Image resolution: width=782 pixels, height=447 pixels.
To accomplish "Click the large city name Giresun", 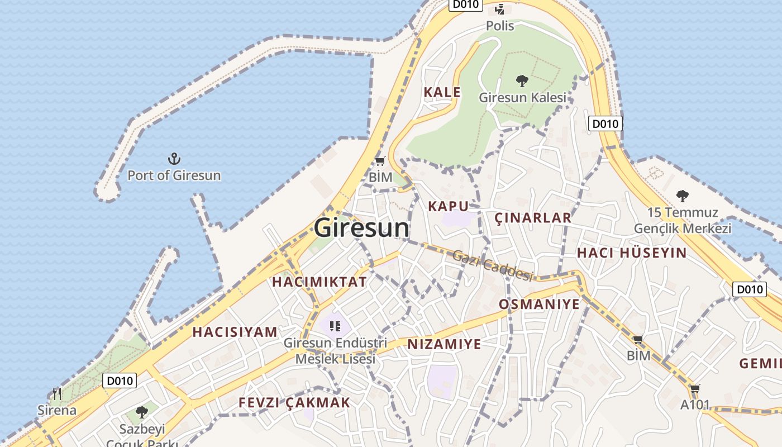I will coord(361,228).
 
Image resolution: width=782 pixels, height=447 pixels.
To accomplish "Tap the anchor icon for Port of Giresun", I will coord(174,159).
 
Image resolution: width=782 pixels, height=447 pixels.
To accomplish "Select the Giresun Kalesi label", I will coord(522,98).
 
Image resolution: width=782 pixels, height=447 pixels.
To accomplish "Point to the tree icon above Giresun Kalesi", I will coord(522,82).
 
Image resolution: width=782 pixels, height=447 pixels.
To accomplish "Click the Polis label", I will coord(500,26).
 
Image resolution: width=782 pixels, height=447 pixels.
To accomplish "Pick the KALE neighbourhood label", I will coord(442,92).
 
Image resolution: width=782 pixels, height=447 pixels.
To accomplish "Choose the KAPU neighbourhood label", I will coord(448,206).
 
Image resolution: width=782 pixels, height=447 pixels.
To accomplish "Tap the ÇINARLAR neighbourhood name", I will coord(533,218).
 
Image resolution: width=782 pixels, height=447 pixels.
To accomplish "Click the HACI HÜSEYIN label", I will coord(632,253).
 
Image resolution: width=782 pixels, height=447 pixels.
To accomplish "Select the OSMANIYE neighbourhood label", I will coord(539,304).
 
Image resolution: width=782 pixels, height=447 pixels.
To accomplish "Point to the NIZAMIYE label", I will coord(444,344).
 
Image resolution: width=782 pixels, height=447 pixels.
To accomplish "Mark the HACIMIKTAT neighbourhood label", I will coord(320,282).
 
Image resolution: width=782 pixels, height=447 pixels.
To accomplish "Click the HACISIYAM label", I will coord(235,332).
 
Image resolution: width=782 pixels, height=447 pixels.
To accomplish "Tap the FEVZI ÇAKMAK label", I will coord(294,402).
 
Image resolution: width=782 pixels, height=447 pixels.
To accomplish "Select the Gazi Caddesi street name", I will coord(493,265).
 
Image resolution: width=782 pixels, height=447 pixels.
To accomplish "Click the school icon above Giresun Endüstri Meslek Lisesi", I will coord(335,326).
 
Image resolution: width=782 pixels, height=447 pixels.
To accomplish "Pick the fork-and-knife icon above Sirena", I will coord(56,394).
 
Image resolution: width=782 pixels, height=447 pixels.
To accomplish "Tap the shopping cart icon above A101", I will coord(695,388).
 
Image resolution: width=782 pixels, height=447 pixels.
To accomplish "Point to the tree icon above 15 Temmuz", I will coord(682,196).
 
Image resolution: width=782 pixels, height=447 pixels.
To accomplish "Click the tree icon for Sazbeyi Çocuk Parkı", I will coord(142,413).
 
